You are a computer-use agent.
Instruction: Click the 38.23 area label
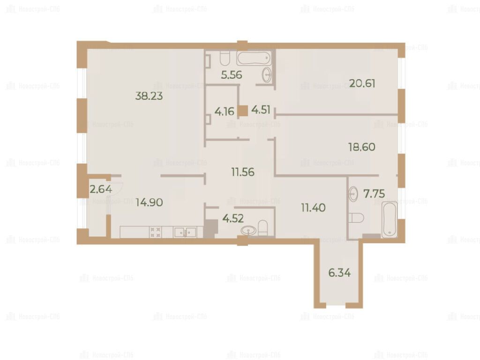[x=149, y=96]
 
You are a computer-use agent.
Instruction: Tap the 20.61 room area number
[x=362, y=83]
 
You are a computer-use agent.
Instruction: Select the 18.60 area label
[x=362, y=147]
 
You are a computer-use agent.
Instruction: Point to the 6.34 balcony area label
[x=339, y=272]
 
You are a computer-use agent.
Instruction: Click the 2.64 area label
[x=101, y=189]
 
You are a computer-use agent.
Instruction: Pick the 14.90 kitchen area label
[x=150, y=202]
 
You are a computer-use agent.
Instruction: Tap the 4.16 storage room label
[x=225, y=112]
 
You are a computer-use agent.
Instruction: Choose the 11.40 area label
[x=313, y=208]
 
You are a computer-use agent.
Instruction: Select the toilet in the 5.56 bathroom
[x=225, y=58]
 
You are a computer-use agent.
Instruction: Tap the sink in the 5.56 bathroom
[x=267, y=75]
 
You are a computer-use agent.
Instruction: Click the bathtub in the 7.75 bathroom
[x=390, y=219]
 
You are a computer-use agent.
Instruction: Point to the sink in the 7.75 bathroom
[x=353, y=194]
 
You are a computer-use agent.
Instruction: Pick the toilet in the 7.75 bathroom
[x=356, y=217]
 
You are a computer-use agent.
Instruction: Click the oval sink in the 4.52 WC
[x=248, y=230]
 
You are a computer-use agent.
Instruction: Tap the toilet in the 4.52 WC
[x=263, y=228]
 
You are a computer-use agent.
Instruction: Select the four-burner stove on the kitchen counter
[x=155, y=232]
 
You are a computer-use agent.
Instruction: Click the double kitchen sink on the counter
[x=185, y=232]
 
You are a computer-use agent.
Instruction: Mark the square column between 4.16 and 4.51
[x=243, y=111]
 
